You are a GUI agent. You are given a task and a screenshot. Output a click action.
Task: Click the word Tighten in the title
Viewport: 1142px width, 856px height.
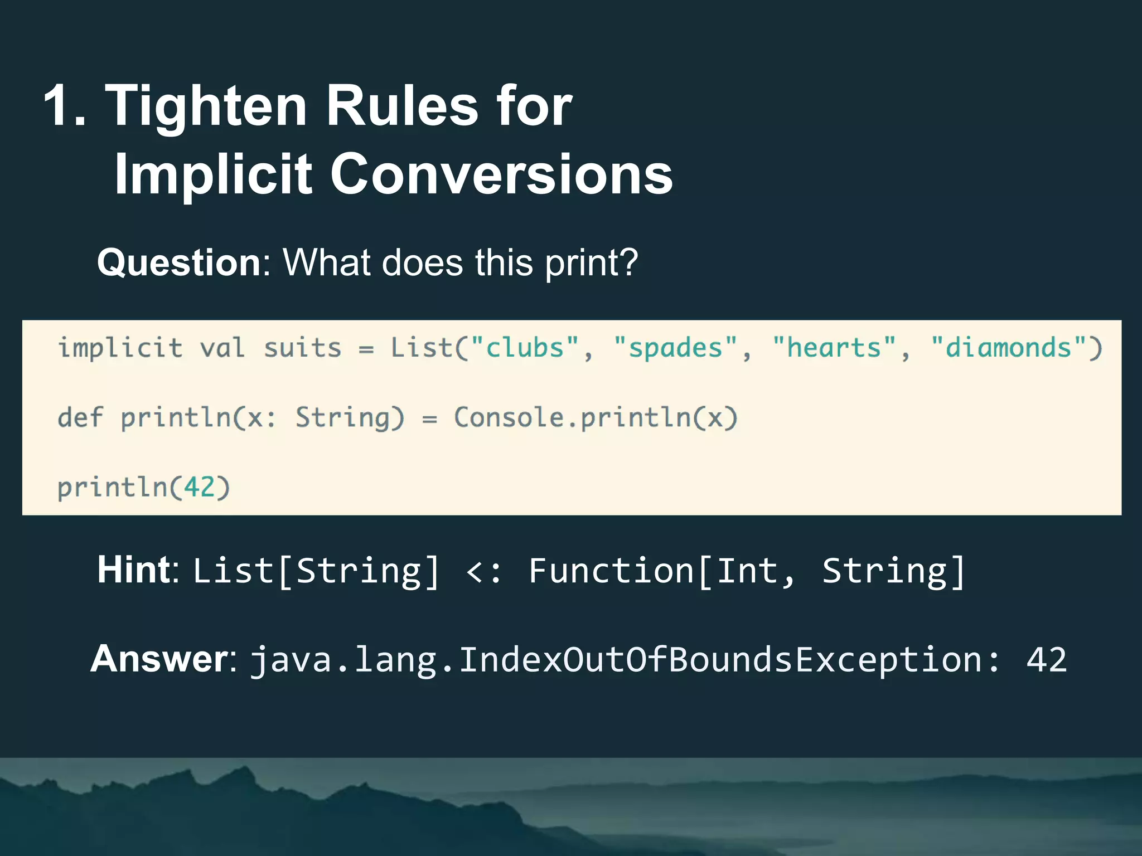click(206, 106)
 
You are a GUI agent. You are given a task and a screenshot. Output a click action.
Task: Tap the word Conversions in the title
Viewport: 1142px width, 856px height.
click(501, 174)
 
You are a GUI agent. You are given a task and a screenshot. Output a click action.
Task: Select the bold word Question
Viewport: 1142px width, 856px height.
click(178, 262)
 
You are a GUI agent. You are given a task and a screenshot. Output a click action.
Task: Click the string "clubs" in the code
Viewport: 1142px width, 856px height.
click(525, 348)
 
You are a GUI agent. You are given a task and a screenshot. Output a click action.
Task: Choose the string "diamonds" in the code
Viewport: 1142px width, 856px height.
click(1008, 348)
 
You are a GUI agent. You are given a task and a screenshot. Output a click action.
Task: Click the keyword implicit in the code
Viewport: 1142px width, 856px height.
click(120, 348)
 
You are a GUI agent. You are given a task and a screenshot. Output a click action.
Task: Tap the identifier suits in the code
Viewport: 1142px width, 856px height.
click(302, 348)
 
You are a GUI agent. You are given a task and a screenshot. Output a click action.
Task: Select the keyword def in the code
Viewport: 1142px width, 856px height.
click(80, 417)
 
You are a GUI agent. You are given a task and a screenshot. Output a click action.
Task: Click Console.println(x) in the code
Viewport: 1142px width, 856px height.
click(596, 417)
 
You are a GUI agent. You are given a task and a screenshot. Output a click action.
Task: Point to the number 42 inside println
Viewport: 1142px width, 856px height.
click(199, 488)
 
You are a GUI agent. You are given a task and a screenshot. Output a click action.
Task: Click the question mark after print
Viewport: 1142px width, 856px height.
click(628, 262)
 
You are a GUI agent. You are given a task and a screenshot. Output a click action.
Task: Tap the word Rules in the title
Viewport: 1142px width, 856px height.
click(401, 106)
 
